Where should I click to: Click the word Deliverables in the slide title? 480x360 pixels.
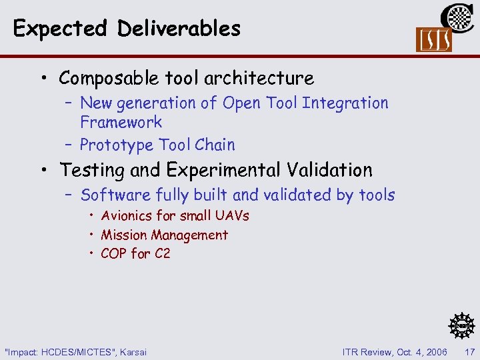179,29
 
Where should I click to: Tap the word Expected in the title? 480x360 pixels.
60,29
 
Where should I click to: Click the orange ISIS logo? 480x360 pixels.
433,40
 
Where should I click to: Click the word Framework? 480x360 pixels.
121,122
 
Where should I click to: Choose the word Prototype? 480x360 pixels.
115,145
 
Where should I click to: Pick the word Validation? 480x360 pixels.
331,170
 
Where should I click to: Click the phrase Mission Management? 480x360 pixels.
164,235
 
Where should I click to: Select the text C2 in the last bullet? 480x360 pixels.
162,253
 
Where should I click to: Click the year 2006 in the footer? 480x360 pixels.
435,351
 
